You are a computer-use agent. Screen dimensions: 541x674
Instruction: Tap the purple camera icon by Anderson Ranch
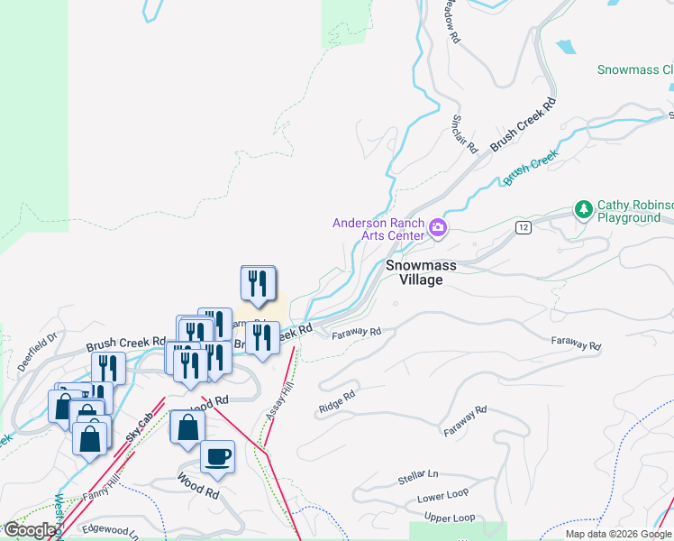tap(438, 227)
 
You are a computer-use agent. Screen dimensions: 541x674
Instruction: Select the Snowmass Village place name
tap(414, 272)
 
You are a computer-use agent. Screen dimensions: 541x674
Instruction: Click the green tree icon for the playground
tap(584, 209)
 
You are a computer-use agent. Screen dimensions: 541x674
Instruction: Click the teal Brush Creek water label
tap(531, 167)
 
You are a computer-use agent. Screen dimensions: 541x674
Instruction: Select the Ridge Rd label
tap(337, 402)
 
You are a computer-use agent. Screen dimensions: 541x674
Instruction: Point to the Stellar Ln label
tap(417, 477)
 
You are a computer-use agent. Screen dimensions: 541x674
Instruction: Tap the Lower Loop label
tap(442, 497)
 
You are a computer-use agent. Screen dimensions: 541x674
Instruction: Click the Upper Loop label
tap(449, 518)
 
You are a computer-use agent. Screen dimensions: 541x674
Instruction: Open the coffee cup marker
tap(216, 456)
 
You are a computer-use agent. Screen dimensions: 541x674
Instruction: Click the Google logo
tap(30, 529)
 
